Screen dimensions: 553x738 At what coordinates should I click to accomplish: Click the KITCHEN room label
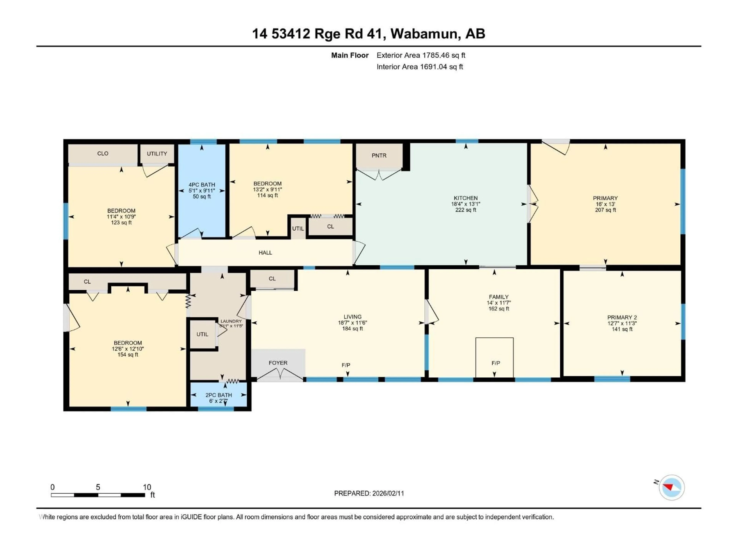[x=465, y=198]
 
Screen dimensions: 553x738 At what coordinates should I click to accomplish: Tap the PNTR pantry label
[x=379, y=156]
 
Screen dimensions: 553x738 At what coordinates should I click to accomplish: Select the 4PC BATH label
[x=202, y=185]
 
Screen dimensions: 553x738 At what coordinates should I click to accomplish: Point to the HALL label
[x=265, y=253]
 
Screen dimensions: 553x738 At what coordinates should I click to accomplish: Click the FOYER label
[x=278, y=363]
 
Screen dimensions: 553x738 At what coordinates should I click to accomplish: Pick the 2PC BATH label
[x=219, y=395]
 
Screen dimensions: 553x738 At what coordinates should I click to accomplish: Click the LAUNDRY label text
[x=231, y=321]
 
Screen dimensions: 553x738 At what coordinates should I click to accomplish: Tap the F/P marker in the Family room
[x=496, y=363]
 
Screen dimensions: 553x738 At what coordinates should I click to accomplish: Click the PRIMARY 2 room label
[x=622, y=317]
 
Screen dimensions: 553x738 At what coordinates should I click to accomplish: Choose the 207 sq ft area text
[x=605, y=210]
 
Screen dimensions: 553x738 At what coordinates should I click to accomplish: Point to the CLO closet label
[x=103, y=153]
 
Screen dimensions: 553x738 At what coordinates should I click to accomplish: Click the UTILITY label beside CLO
[x=157, y=154]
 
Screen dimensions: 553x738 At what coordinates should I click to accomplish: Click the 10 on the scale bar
[x=147, y=487]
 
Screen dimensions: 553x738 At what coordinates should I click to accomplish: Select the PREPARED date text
[x=369, y=493]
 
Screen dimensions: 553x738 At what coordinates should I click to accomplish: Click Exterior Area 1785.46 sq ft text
[x=421, y=55]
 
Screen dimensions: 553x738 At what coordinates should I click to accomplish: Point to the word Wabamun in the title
[x=424, y=34]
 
